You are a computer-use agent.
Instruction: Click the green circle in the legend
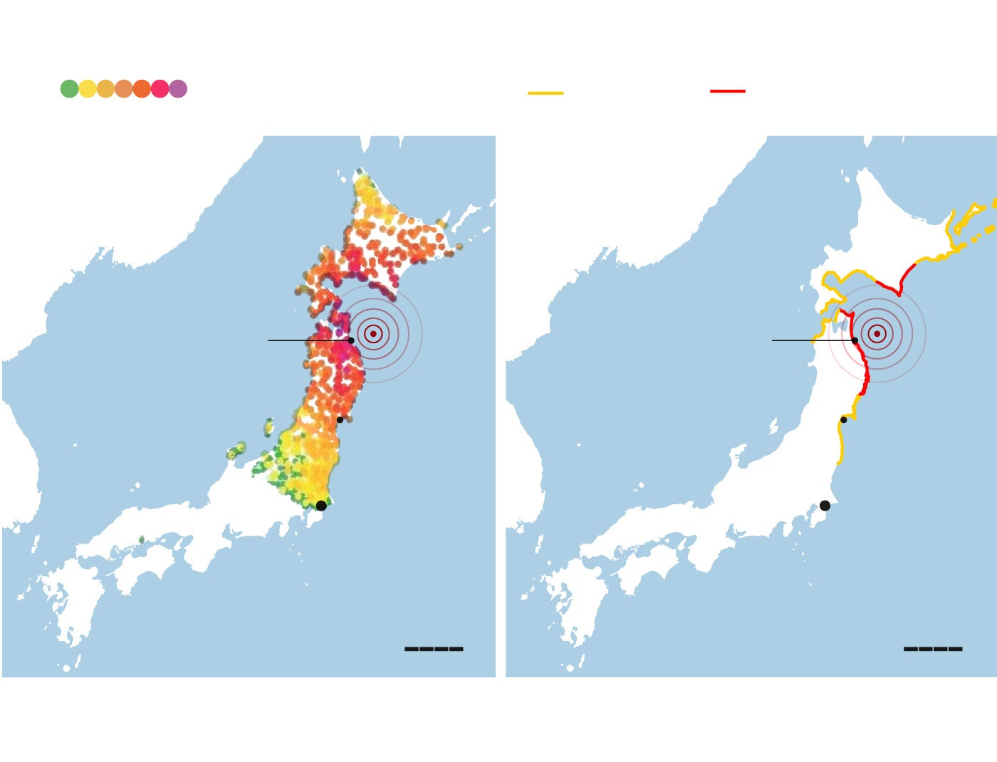click(69, 89)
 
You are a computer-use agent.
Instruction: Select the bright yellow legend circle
click(88, 89)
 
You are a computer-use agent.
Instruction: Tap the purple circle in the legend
click(178, 89)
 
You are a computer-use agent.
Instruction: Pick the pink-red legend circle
click(160, 89)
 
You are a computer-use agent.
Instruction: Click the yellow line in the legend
click(546, 93)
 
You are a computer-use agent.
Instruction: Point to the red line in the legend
click(727, 91)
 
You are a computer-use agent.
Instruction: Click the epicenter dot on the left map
click(373, 333)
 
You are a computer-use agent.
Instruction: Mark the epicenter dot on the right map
click(877, 333)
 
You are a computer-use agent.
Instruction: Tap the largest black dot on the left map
click(321, 506)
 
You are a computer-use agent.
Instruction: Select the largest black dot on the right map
click(825, 506)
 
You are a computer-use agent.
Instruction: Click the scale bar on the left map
click(434, 649)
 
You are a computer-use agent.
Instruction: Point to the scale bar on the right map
click(933, 649)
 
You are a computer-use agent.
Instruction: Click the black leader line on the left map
click(306, 340)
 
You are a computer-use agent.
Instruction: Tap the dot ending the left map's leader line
click(350, 340)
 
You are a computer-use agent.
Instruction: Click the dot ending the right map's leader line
click(855, 340)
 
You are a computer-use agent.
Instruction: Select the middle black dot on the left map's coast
click(340, 419)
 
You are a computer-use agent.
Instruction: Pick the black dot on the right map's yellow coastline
click(843, 419)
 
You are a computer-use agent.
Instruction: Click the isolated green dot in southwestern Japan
click(141, 539)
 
